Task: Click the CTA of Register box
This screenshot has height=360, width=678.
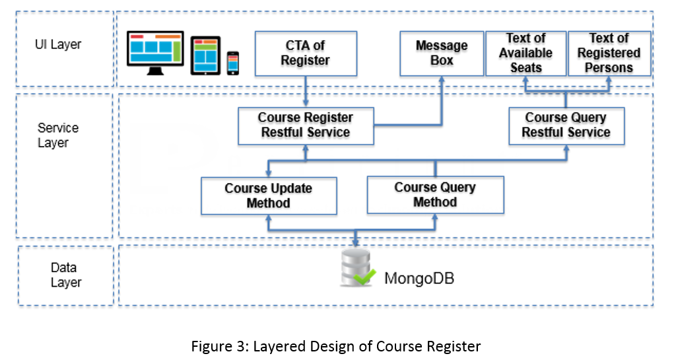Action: click(306, 54)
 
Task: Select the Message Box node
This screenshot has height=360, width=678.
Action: click(442, 54)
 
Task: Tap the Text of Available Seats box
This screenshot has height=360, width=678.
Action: click(525, 54)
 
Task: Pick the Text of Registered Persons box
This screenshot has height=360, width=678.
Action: click(609, 54)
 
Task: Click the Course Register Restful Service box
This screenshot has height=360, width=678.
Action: click(306, 126)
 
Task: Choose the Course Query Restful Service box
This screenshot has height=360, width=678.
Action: click(566, 126)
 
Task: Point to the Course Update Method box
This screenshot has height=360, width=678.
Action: click(269, 196)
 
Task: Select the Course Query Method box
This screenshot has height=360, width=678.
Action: click(436, 195)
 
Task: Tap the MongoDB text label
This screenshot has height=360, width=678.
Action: click(419, 278)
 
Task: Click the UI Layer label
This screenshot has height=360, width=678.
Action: click(58, 44)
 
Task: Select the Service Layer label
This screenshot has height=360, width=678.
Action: click(58, 135)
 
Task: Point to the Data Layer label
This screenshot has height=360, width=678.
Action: click(66, 275)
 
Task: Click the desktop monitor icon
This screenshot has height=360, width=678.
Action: click(155, 52)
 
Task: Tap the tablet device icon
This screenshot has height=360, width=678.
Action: click(205, 55)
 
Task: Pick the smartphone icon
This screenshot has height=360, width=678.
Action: click(232, 63)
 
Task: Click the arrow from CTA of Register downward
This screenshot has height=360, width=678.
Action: click(306, 91)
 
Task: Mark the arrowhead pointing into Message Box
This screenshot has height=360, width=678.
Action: click(442, 80)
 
